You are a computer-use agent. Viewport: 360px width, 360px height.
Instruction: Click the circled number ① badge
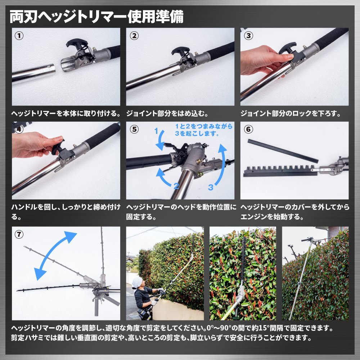19,36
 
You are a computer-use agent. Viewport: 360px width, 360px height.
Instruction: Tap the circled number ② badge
134,36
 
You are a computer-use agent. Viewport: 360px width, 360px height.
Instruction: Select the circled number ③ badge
248,36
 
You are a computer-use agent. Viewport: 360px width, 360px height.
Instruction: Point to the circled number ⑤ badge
134,129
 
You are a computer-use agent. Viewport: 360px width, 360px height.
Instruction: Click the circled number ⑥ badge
248,129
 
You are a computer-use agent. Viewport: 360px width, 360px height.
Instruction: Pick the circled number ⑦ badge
19,234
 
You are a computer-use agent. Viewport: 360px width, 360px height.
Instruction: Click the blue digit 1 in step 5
156,131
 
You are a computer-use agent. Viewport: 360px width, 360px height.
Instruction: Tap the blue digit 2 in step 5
176,186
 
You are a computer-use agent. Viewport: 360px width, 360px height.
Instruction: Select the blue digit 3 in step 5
211,187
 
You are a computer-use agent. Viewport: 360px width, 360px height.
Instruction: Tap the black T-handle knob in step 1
77,43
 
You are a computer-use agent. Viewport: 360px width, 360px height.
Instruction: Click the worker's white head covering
138,282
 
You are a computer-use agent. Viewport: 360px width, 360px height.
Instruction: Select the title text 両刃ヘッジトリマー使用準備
96,17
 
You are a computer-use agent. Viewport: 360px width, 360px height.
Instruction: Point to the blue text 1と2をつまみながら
204,126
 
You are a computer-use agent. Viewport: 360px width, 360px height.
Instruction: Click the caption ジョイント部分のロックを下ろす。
291,113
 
